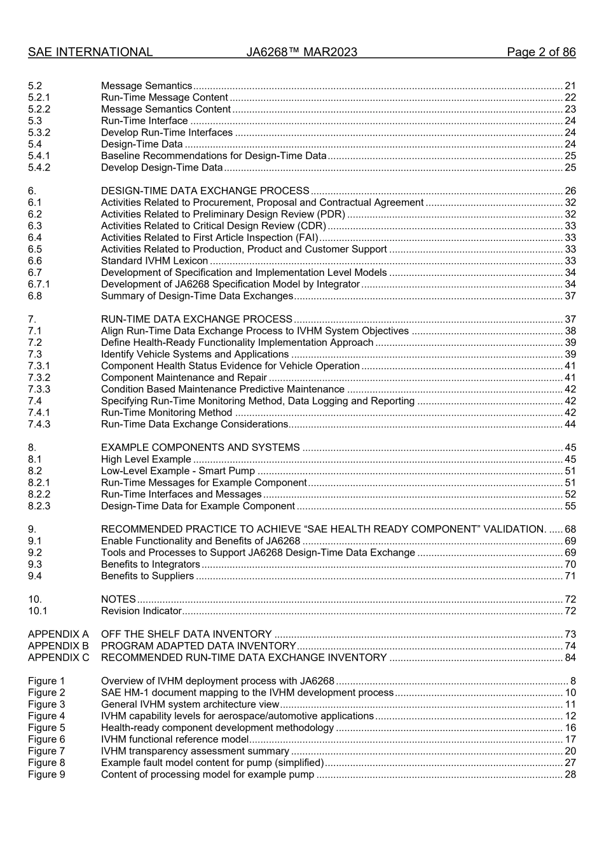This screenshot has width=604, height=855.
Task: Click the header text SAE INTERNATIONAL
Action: pyautogui.click(x=90, y=52)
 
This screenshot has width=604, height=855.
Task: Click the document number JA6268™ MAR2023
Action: pyautogui.click(x=301, y=52)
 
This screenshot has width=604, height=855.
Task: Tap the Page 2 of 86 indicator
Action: pyautogui.click(x=540, y=52)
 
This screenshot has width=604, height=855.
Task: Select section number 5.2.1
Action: pyautogui.click(x=39, y=97)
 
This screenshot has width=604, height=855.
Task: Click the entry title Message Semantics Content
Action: pyautogui.click(x=165, y=109)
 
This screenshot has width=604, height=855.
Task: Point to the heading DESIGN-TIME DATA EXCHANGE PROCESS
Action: pyautogui.click(x=205, y=191)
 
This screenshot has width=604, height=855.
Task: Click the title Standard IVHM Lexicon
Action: pyautogui.click(x=154, y=261)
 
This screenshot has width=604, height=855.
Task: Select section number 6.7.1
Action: pyautogui.click(x=39, y=284)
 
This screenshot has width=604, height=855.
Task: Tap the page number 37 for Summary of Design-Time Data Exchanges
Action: pyautogui.click(x=570, y=296)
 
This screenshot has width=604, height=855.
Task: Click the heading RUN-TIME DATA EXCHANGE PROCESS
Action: pyautogui.click(x=196, y=319)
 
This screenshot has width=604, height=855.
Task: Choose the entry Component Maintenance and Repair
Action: pyautogui.click(x=184, y=378)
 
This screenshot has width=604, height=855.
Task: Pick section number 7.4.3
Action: pyautogui.click(x=39, y=424)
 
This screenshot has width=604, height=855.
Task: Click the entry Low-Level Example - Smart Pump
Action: pyautogui.click(x=177, y=471)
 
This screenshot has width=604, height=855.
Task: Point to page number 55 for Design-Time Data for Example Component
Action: pyautogui.click(x=570, y=506)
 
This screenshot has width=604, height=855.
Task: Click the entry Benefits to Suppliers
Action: pyautogui.click(x=147, y=576)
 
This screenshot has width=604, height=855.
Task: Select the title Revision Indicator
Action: pyautogui.click(x=141, y=611)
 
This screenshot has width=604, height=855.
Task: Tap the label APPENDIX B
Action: pyautogui.click(x=58, y=646)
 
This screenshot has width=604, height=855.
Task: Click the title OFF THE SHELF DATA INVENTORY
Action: pyautogui.click(x=186, y=634)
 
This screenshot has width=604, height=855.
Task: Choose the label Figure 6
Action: pyautogui.click(x=46, y=739)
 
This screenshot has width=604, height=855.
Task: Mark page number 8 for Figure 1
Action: pyautogui.click(x=572, y=681)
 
